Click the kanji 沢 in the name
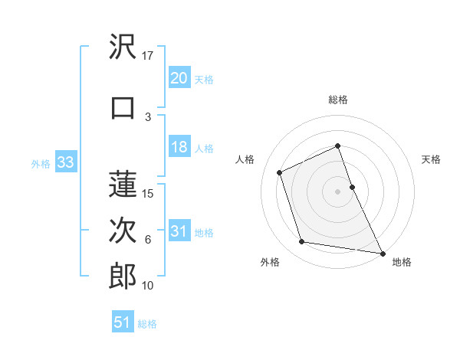pyautogui.click(x=123, y=49)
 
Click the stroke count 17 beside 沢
pyautogui.click(x=148, y=56)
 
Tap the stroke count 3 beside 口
pyautogui.click(x=148, y=116)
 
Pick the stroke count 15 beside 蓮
pyautogui.click(x=148, y=193)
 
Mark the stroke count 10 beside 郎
pyautogui.click(x=148, y=286)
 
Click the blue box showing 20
pyautogui.click(x=179, y=77)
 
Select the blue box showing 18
pyautogui.click(x=179, y=147)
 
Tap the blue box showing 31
pyautogui.click(x=179, y=231)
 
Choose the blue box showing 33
pyautogui.click(x=65, y=162)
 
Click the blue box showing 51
pyautogui.click(x=123, y=322)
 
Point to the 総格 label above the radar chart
pyautogui.click(x=338, y=100)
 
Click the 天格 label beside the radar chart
pyautogui.click(x=432, y=160)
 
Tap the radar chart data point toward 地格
pyautogui.click(x=383, y=252)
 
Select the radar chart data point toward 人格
pyautogui.click(x=280, y=172)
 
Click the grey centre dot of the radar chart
pyautogui.click(x=338, y=191)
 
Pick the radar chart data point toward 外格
pyautogui.click(x=302, y=242)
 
